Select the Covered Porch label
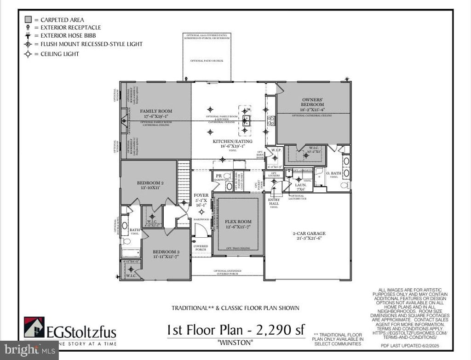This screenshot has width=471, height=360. (201, 248)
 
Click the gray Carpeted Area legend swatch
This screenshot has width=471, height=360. (28, 20)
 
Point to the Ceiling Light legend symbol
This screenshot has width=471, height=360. (28, 54)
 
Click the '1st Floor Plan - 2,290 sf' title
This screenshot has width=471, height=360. (236, 330)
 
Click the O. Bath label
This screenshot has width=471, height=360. (333, 174)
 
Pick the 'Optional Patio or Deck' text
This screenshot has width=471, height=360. (207, 61)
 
